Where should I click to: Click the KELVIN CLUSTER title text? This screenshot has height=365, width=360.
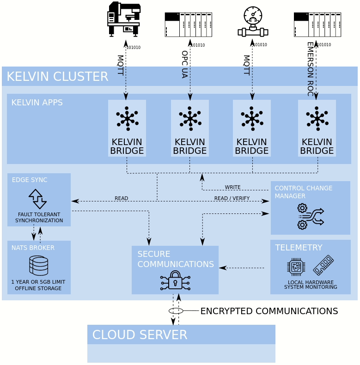tap(57, 76)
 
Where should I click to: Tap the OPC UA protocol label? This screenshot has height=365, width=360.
tap(184, 64)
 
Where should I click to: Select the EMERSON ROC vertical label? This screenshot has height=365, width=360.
tap(310, 69)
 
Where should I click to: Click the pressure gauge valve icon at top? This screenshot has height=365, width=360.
tap(253, 22)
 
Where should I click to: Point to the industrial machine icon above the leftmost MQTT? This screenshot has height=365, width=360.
tap(124, 19)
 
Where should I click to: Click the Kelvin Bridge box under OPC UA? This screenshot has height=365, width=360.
tap(189, 128)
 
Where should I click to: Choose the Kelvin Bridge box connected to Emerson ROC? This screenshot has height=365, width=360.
tap(317, 128)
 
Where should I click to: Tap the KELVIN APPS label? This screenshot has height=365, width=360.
tap(37, 102)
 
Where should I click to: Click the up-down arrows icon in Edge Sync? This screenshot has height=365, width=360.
tap(37, 199)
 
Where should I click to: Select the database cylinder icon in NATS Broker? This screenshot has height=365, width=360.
tap(38, 266)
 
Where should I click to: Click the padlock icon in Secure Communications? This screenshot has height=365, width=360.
tap(175, 280)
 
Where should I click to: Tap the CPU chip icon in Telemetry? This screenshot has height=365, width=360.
tap(296, 267)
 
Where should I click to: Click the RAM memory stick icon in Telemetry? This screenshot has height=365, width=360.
tap(323, 265)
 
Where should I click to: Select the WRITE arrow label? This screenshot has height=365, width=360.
tap(232, 187)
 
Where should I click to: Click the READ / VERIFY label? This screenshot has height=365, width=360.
tap(232, 198)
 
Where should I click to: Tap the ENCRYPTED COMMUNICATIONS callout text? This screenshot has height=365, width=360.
tap(269, 311)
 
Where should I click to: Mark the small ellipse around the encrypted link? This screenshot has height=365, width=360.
tap(176, 311)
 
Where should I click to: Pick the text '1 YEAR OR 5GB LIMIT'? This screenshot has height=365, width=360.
tap(38, 282)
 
